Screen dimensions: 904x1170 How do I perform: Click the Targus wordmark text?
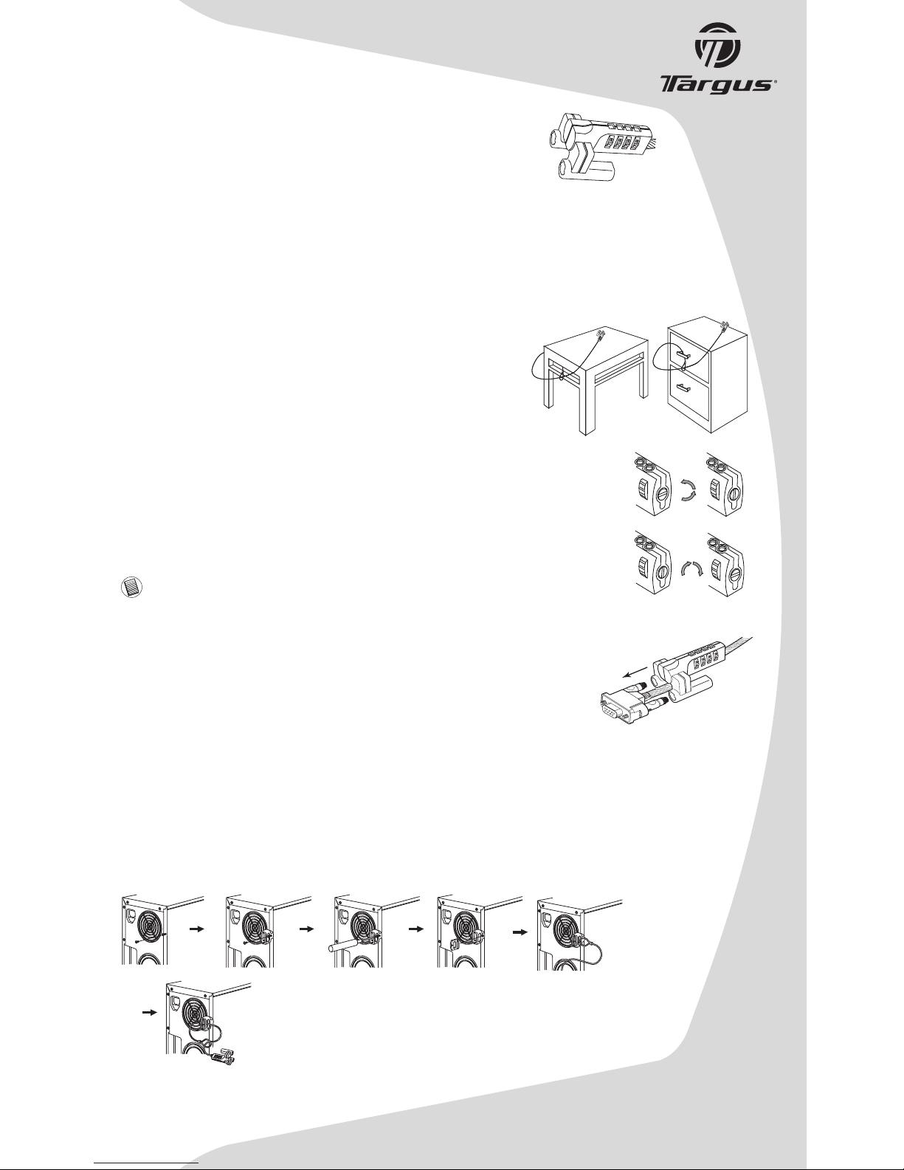click(718, 85)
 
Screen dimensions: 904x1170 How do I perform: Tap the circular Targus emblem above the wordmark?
click(718, 45)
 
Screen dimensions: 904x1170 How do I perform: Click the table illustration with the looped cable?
click(588, 379)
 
